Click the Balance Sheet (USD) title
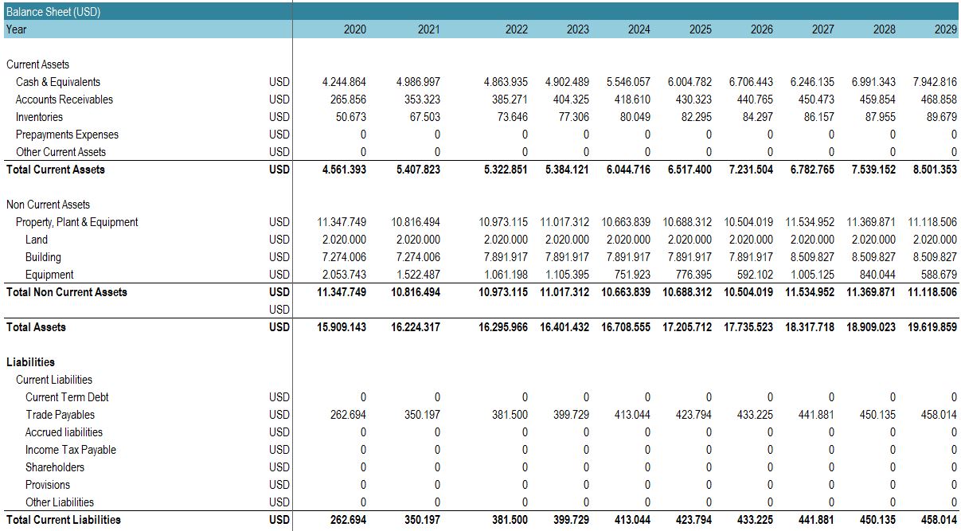tap(53, 12)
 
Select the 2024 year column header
tap(639, 29)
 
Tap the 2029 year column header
tap(946, 29)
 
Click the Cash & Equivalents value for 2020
tap(344, 82)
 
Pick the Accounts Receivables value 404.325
tap(571, 100)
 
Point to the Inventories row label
tap(39, 117)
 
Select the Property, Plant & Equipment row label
tap(76, 222)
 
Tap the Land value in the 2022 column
tap(506, 240)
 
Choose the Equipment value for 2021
tap(418, 275)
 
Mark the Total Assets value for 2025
tap(687, 327)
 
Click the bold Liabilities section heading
tap(30, 362)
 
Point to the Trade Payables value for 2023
tap(571, 415)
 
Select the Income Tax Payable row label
tap(71, 450)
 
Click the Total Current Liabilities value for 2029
tap(939, 520)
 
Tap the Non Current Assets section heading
tap(48, 205)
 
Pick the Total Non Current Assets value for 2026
tap(748, 292)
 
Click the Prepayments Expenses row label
tap(67, 135)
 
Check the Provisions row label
tap(48, 485)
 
